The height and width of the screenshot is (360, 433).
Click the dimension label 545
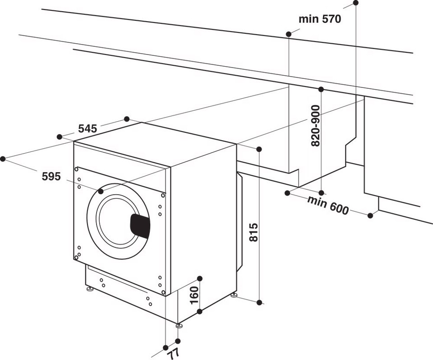pyautogui.click(x=88, y=128)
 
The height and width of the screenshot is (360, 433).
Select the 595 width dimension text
pyautogui.click(x=51, y=177)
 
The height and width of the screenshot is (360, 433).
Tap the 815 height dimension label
pyautogui.click(x=253, y=232)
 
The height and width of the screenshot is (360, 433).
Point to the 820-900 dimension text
pyautogui.click(x=315, y=126)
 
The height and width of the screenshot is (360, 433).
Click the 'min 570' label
pyautogui.click(x=320, y=19)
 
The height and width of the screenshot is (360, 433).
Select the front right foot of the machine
pyautogui.click(x=179, y=324)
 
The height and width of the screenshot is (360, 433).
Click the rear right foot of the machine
pyautogui.click(x=234, y=295)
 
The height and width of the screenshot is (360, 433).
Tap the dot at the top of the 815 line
pyautogui.click(x=259, y=149)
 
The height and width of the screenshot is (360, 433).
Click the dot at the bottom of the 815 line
pyautogui.click(x=259, y=302)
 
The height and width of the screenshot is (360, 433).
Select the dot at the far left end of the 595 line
pyautogui.click(x=3, y=159)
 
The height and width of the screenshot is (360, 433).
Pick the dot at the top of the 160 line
pyautogui.click(x=200, y=278)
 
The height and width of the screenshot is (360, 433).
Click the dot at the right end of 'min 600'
pyautogui.click(x=370, y=215)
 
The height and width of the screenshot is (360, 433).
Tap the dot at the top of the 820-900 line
pyautogui.click(x=321, y=89)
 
